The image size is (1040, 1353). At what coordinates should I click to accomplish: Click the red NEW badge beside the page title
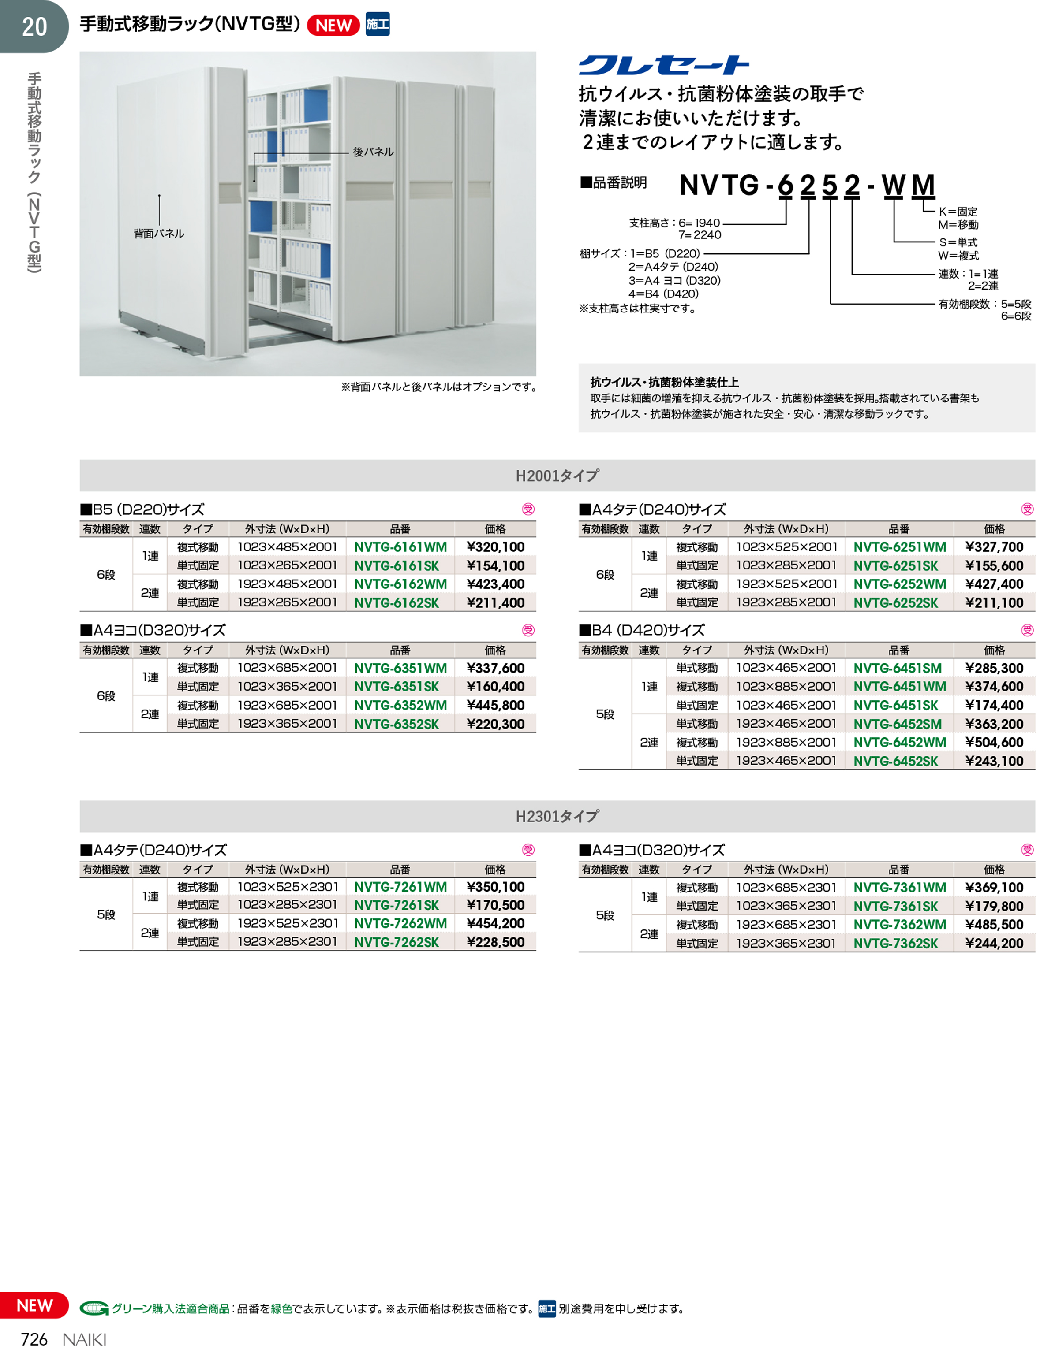click(333, 26)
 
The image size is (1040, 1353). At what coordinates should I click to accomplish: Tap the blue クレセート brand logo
click(664, 65)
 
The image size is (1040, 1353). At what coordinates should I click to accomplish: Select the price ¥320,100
click(495, 547)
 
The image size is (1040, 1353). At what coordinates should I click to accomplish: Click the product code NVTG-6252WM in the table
click(899, 584)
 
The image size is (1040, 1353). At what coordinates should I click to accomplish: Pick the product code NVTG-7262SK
click(396, 942)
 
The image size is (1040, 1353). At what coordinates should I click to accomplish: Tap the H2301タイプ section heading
click(557, 817)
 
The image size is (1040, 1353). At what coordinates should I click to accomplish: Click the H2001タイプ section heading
click(557, 476)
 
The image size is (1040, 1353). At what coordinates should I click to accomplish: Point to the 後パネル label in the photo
click(373, 152)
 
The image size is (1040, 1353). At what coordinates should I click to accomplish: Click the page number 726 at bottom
click(34, 1339)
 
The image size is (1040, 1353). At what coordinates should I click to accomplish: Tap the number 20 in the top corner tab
click(34, 26)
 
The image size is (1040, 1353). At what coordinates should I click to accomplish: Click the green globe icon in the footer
click(94, 1308)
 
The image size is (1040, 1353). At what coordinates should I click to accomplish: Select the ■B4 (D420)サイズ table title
click(642, 630)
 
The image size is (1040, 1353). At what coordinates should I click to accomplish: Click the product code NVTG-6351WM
click(400, 668)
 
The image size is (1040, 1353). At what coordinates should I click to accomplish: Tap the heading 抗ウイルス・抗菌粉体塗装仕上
click(664, 383)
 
